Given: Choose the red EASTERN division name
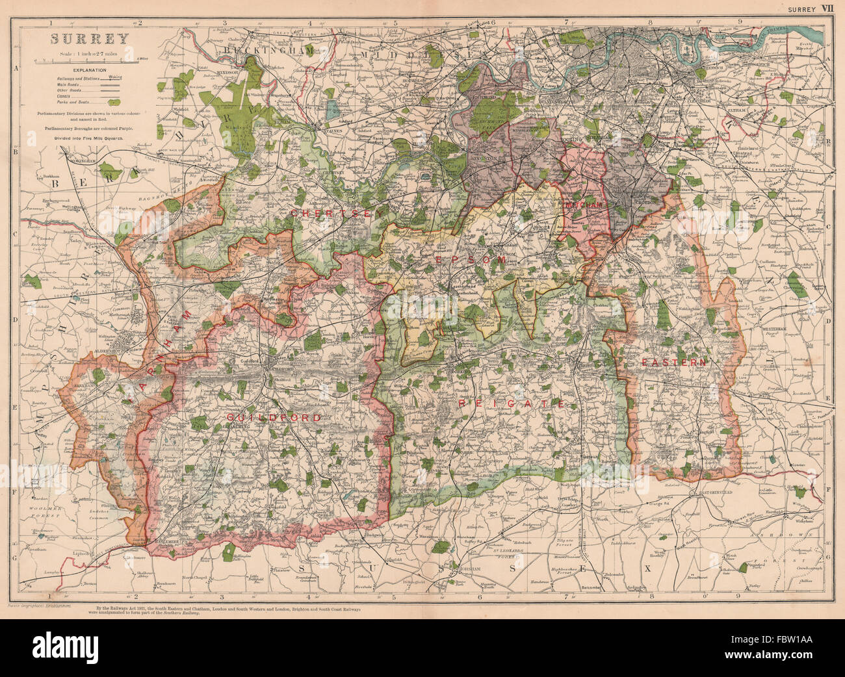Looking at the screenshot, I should coord(673,362).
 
